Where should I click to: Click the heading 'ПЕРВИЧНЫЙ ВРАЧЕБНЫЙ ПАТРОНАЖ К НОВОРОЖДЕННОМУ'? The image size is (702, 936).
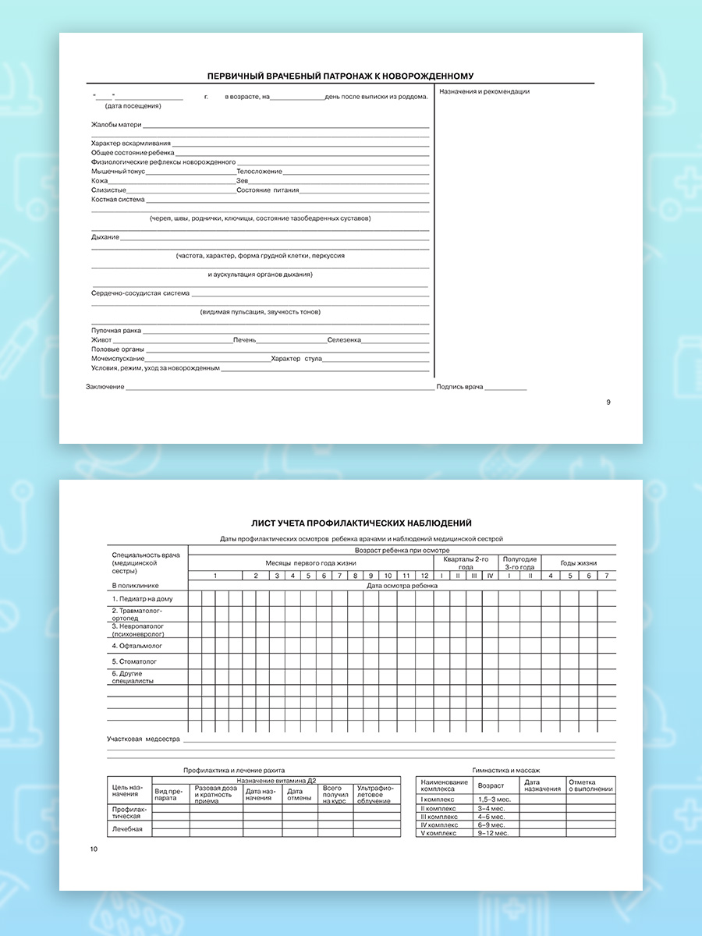tap(340, 76)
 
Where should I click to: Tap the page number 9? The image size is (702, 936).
tap(608, 402)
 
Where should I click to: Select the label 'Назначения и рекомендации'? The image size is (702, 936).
tap(484, 91)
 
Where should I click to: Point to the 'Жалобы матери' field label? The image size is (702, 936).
tap(116, 125)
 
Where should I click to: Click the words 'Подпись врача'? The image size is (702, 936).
tap(460, 387)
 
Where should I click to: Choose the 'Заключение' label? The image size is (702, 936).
tap(105, 387)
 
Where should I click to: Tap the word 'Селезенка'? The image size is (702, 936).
tap(344, 340)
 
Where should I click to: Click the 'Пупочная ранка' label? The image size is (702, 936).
tap(116, 331)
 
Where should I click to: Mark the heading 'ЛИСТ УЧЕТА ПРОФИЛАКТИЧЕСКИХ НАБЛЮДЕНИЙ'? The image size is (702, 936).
tap(361, 523)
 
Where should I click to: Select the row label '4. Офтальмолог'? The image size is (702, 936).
tap(136, 646)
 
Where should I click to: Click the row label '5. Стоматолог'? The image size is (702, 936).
tap(135, 661)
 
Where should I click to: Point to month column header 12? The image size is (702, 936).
tap(424, 576)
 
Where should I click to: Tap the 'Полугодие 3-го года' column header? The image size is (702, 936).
tap(519, 563)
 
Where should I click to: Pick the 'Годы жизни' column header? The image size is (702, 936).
tap(579, 563)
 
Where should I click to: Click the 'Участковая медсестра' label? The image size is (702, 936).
tap(144, 738)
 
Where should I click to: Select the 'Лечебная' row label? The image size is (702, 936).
tap(127, 828)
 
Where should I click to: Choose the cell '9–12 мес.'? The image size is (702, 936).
tap(493, 833)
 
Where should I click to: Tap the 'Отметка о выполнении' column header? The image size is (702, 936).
tap(590, 785)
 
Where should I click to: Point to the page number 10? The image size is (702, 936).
tap(94, 849)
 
